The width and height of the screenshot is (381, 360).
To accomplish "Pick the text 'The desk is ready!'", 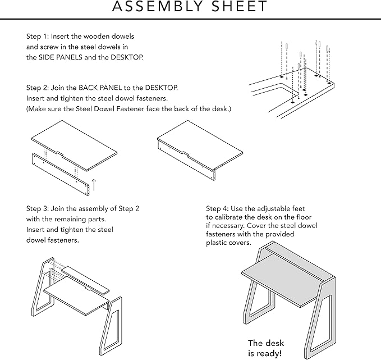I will (267, 348).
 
